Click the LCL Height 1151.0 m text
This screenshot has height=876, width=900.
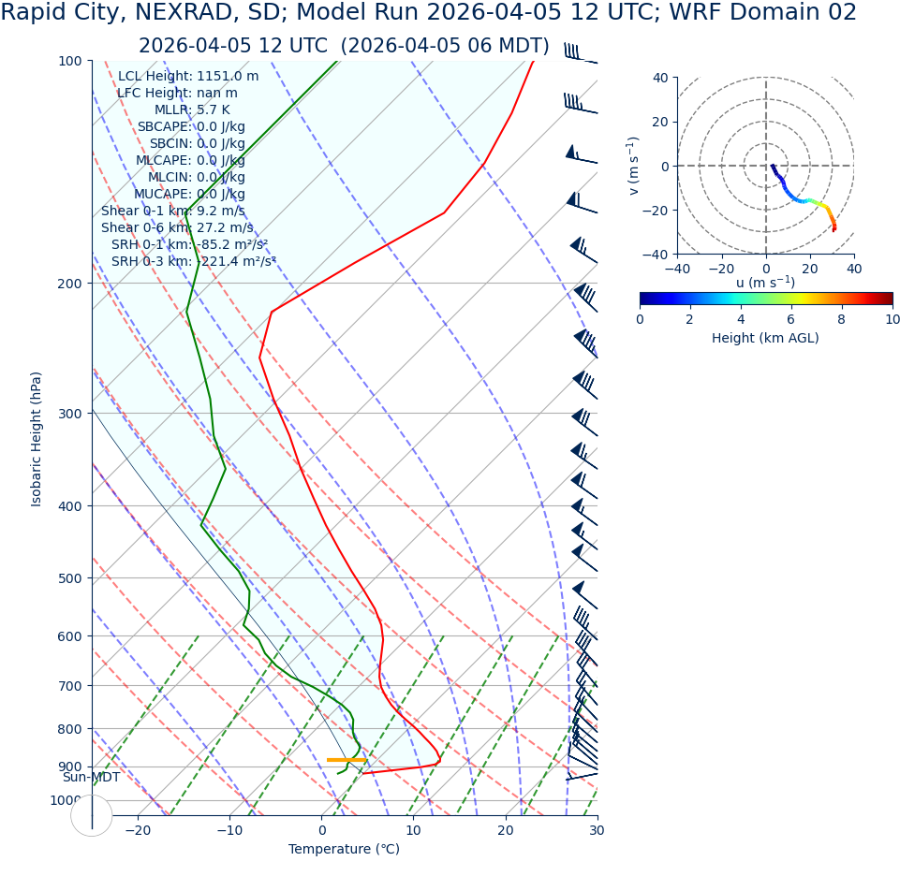click(x=188, y=77)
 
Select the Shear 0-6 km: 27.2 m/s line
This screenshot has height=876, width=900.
click(x=177, y=228)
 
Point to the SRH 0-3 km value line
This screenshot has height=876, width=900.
click(x=194, y=262)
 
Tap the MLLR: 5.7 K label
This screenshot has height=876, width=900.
click(x=199, y=110)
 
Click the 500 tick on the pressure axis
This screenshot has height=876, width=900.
click(x=70, y=578)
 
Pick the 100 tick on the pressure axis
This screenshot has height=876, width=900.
click(x=70, y=61)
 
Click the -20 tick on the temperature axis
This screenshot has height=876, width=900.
click(x=138, y=831)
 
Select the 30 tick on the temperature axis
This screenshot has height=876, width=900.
click(x=597, y=831)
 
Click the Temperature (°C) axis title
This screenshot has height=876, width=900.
click(x=344, y=850)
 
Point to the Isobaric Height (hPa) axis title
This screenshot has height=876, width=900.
click(x=37, y=439)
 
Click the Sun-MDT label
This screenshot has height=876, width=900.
click(x=91, y=778)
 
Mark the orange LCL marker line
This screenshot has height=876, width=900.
click(x=347, y=760)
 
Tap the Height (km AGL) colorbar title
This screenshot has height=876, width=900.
click(x=765, y=338)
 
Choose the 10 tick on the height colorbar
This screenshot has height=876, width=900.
click(x=893, y=320)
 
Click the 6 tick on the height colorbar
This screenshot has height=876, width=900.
click(x=791, y=320)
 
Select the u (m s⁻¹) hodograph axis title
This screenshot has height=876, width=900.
click(x=765, y=283)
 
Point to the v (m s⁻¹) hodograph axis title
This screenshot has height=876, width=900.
click(x=634, y=166)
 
